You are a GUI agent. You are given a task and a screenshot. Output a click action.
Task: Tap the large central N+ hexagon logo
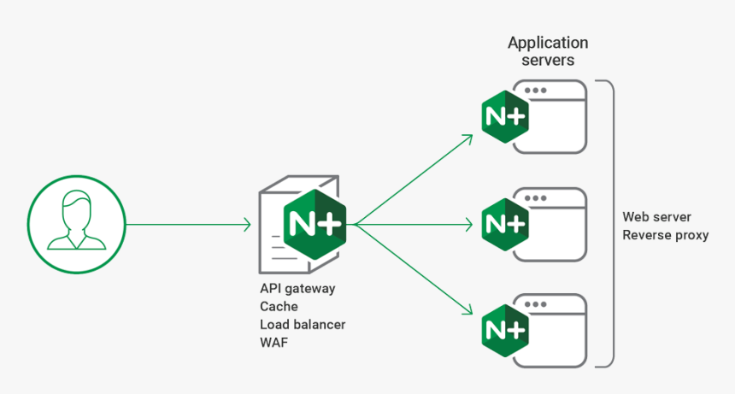click(x=315, y=224)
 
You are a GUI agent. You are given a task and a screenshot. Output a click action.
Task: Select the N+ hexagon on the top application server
click(x=504, y=116)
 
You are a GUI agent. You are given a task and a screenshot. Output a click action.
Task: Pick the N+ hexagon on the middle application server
click(x=504, y=223)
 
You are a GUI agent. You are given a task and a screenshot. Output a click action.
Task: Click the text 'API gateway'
click(x=297, y=288)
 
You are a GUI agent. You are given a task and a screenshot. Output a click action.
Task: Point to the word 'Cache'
click(x=279, y=306)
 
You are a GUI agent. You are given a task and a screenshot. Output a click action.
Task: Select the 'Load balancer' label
click(x=303, y=325)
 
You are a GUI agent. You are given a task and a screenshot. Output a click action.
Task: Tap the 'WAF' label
click(x=273, y=343)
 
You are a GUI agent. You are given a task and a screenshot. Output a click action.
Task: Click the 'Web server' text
click(x=656, y=217)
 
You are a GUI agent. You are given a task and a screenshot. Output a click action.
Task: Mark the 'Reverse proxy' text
click(x=665, y=235)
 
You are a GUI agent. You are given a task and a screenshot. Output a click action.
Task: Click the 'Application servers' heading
click(x=548, y=51)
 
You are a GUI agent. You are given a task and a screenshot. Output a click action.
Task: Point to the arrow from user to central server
click(x=188, y=225)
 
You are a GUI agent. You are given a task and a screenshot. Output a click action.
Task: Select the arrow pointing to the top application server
click(x=415, y=179)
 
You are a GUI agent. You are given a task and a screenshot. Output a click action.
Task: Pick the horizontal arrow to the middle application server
click(x=415, y=225)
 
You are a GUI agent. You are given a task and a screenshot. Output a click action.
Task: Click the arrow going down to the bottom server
click(x=415, y=269)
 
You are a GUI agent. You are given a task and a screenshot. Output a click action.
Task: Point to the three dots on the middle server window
click(x=536, y=197)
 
